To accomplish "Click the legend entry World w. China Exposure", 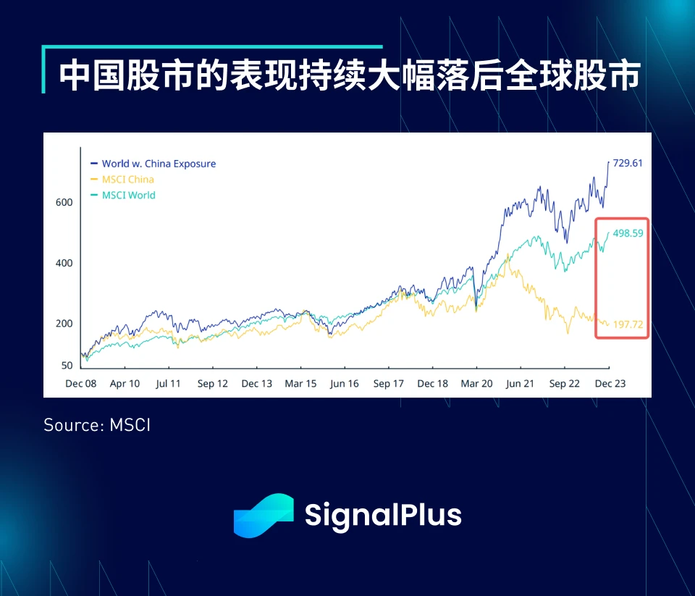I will tap(159, 164).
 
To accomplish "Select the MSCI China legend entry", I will tap(127, 180).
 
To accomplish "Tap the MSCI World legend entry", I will tap(128, 196).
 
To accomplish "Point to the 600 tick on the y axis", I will tap(64, 203).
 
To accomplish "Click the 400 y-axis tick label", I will tap(64, 263).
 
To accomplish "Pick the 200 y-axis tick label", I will tap(64, 324).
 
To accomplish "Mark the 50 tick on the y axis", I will tap(67, 366).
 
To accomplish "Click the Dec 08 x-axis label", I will tap(80, 384).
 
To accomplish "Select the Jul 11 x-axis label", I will tap(168, 384).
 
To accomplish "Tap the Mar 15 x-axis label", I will tap(301, 384).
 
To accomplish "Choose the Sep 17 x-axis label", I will tap(389, 384).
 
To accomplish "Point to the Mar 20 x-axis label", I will tap(477, 384).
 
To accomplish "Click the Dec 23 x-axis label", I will tap(610, 384).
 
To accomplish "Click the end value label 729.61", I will tap(628, 163).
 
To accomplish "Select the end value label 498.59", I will tap(628, 234).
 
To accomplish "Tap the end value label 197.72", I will tap(628, 324).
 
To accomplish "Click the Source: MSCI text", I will tap(97, 425).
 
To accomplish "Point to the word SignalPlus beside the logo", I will tap(383, 515).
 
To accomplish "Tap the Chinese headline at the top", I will tap(349, 76).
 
